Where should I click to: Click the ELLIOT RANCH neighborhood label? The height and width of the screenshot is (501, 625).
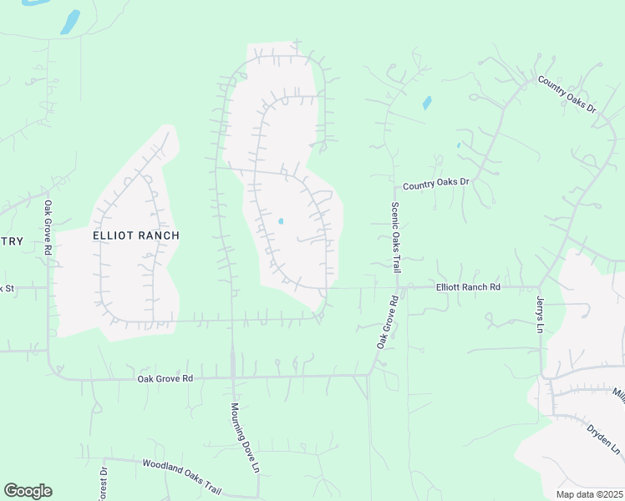[135, 236]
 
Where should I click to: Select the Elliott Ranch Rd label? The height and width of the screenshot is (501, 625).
[468, 287]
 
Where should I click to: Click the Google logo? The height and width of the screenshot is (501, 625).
[28, 491]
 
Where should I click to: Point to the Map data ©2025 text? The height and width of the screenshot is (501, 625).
[590, 494]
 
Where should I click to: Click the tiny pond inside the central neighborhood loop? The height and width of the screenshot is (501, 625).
[281, 221]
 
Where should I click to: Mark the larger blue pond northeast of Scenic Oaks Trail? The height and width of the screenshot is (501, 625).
[427, 104]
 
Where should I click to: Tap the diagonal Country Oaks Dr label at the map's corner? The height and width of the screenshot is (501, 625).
[569, 94]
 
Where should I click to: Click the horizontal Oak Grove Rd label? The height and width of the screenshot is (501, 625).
[165, 379]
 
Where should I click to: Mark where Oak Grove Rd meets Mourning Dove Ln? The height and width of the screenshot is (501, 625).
[232, 377]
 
